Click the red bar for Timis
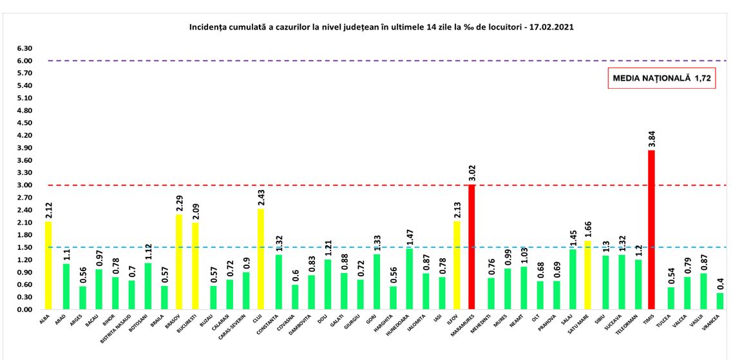[x=651, y=230]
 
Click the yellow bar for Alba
[x=49, y=265]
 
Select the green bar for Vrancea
[x=719, y=301]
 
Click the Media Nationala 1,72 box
[x=662, y=79]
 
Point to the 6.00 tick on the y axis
[x=24, y=61]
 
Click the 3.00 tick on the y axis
[x=24, y=185]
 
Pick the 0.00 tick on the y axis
[x=24, y=310]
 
